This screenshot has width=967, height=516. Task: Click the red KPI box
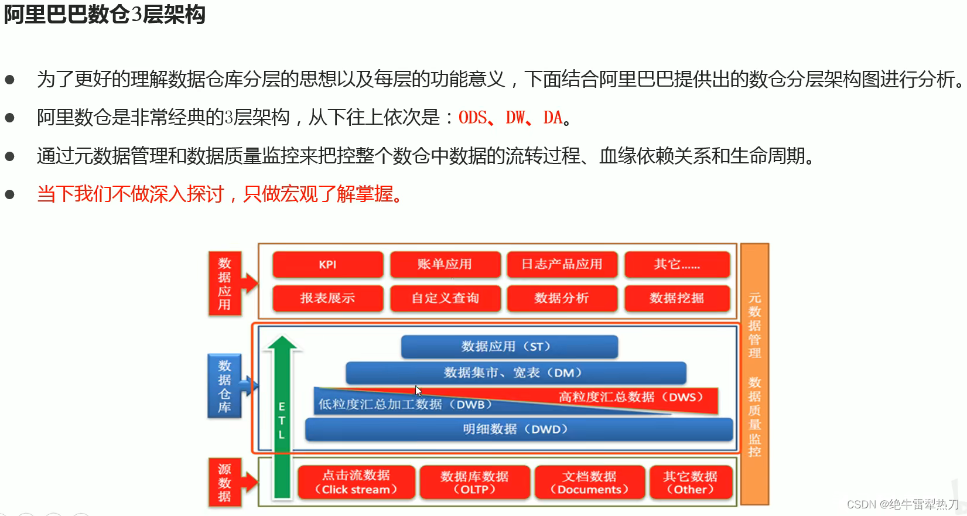327,265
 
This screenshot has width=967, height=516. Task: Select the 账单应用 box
445,265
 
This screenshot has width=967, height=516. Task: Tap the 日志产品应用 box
562,265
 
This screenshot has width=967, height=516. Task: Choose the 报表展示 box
327,298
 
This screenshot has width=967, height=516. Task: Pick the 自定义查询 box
445,298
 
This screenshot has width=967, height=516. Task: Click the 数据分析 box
562,298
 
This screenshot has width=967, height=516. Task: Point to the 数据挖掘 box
676,298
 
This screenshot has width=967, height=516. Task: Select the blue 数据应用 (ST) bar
509,347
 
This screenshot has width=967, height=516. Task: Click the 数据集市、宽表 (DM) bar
515,373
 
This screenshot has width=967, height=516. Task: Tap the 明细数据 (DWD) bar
518,429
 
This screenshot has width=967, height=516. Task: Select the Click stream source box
356,482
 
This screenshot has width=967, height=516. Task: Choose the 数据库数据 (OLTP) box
474,482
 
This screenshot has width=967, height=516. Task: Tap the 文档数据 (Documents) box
589,482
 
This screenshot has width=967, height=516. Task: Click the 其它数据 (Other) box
690,482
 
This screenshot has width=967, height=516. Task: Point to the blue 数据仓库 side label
224,386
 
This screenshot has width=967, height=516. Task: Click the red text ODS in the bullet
472,118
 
